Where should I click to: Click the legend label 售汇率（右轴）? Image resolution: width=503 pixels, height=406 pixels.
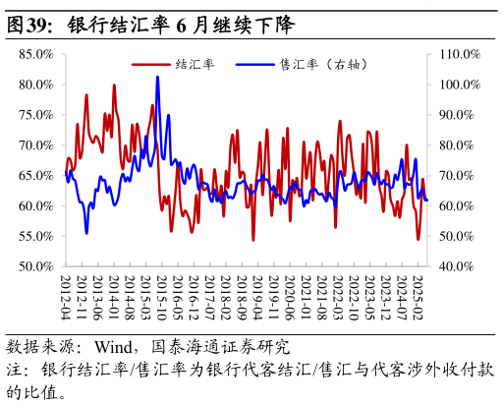[324, 64]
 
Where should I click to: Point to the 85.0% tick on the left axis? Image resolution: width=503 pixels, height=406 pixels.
[35, 54]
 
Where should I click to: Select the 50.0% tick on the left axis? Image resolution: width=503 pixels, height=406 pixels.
[35, 266]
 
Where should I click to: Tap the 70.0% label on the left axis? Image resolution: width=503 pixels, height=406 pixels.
[35, 145]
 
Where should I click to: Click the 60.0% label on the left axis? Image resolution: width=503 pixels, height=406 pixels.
[35, 206]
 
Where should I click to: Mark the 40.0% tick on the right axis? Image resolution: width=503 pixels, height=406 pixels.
[458, 266]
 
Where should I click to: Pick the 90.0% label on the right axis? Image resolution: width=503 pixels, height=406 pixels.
[458, 115]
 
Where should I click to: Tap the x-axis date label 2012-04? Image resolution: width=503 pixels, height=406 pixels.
[66, 297]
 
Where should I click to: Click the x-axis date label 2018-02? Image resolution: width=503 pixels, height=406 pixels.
[225, 297]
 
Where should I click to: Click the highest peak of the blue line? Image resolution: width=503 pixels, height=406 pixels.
[157, 77]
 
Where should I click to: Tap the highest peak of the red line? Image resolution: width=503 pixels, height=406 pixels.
[114, 85]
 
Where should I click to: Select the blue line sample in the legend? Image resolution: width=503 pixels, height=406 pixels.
[257, 64]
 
